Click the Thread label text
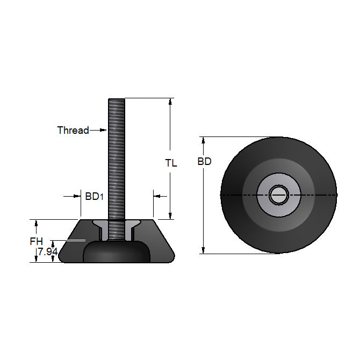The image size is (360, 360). pyautogui.click(x=73, y=130)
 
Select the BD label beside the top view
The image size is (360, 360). pyautogui.click(x=204, y=161)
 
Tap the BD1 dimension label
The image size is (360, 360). pyautogui.click(x=94, y=197)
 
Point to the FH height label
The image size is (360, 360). pyautogui.click(x=36, y=242)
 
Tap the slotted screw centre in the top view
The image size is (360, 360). pyautogui.click(x=279, y=195)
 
